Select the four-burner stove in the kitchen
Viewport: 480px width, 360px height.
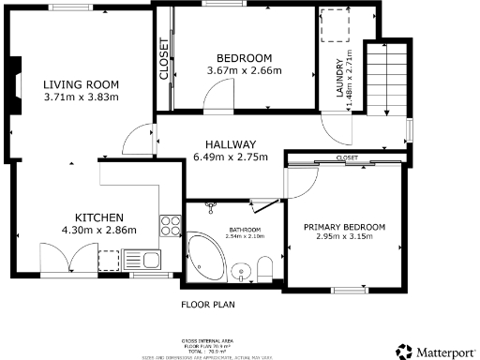[171, 224]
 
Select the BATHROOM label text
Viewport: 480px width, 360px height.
[245, 229]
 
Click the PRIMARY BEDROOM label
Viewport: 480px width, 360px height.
[344, 227]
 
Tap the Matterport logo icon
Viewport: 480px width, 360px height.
[405, 351]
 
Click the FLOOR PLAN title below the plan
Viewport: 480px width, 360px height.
[207, 305]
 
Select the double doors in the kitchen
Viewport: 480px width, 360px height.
[68, 258]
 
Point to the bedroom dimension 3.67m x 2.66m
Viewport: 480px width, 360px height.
[244, 70]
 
